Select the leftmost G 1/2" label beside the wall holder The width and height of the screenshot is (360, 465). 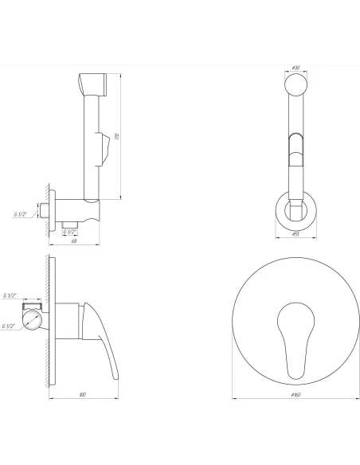21,214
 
